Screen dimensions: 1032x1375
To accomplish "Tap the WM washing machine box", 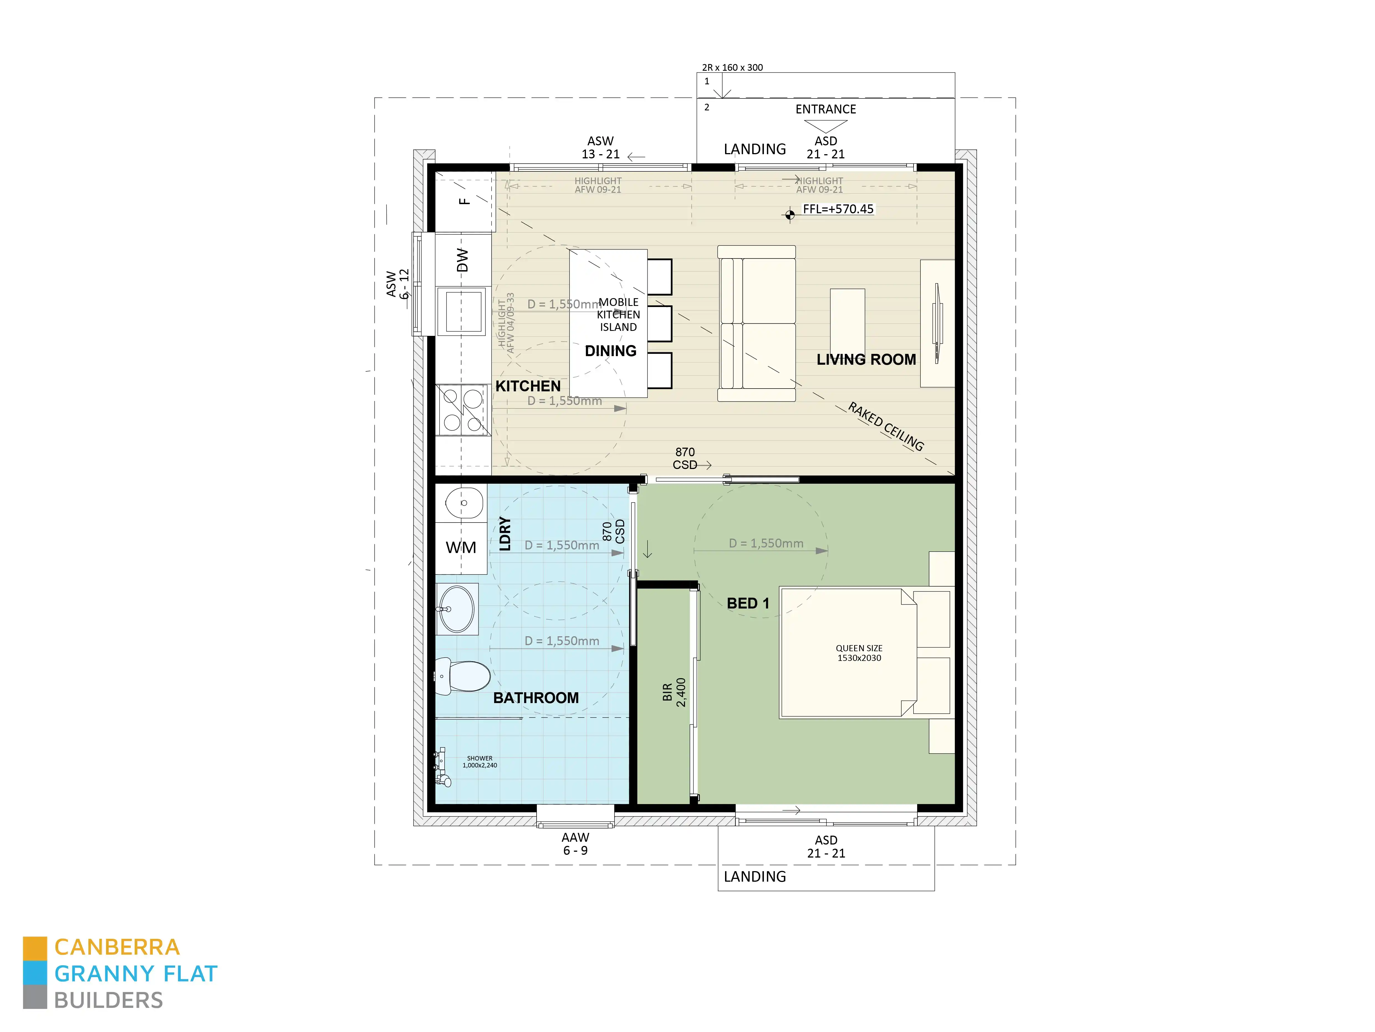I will [461, 547].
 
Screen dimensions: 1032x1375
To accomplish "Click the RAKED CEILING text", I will [886, 427].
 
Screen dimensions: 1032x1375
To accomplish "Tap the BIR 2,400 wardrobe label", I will [674, 692].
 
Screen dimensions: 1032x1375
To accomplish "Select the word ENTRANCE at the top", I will [825, 110].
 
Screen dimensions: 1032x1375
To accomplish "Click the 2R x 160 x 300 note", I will [732, 67].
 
